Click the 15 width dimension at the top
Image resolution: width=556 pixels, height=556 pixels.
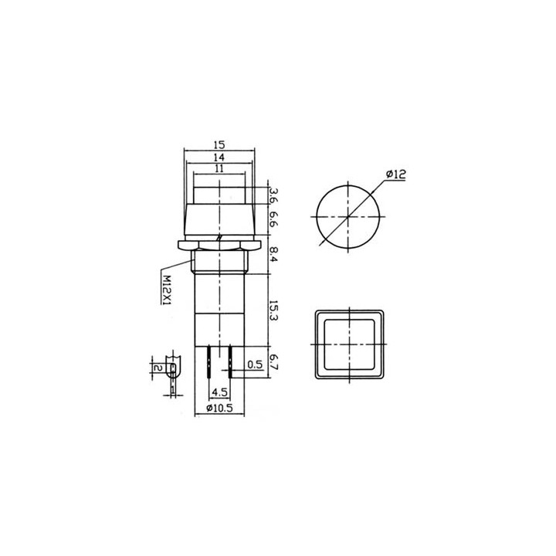click(x=219, y=144)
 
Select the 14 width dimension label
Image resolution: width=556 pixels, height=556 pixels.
click(x=219, y=157)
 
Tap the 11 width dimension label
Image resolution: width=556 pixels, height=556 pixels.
click(x=219, y=168)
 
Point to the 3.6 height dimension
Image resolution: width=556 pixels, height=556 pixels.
click(x=273, y=195)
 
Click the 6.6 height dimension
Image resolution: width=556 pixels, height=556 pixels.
click(x=273, y=219)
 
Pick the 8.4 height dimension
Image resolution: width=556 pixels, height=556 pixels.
click(x=273, y=255)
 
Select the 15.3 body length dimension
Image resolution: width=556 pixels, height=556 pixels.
click(x=273, y=311)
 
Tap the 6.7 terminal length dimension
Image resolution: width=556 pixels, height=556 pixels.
click(x=273, y=361)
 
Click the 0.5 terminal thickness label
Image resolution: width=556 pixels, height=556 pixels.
click(x=255, y=364)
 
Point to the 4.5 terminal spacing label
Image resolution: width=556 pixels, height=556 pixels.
click(x=219, y=392)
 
